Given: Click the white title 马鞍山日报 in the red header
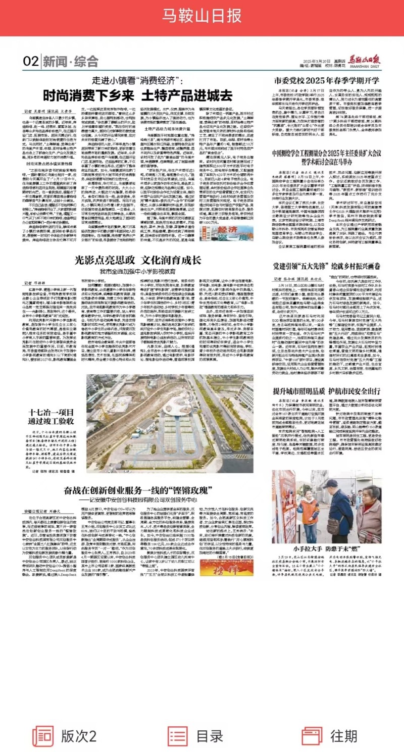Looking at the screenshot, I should [x=201, y=17].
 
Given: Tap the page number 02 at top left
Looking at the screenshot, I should [x=30, y=62].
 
